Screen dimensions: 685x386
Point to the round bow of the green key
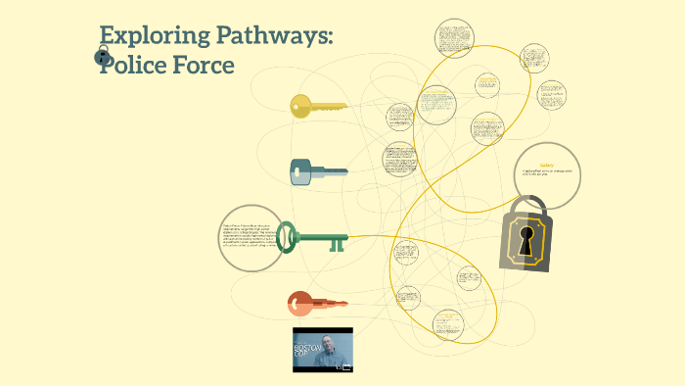pos(287,237)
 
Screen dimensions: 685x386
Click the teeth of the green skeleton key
pos(337,245)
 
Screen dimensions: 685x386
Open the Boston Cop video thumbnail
pos(322,349)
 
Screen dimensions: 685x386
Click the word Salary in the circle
pos(546,164)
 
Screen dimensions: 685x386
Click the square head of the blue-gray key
pos(302,173)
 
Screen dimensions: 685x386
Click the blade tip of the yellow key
pos(343,106)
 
